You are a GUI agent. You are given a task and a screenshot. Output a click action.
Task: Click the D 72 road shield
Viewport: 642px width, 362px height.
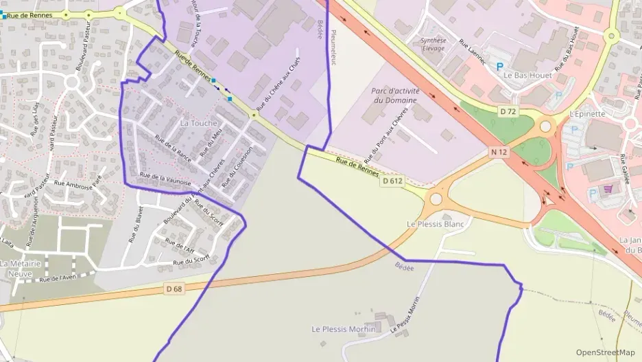click(x=508, y=111)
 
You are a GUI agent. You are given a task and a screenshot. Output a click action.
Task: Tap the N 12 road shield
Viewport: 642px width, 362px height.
click(x=499, y=152)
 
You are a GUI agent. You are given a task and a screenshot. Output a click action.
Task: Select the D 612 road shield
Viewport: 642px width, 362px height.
click(x=393, y=181)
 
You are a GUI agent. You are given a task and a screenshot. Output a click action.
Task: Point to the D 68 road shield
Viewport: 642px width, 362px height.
click(x=174, y=289)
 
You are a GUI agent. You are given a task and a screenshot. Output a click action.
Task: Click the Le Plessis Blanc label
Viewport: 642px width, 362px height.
click(x=436, y=224)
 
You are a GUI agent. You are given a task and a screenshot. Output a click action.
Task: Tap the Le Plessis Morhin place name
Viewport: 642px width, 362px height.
click(x=344, y=329)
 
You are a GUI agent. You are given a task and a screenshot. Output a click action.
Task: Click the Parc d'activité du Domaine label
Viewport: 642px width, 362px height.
click(x=394, y=95)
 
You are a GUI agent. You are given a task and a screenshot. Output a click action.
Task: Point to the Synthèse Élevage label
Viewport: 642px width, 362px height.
click(x=433, y=45)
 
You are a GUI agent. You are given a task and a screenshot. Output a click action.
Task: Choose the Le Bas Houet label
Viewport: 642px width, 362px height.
click(x=523, y=74)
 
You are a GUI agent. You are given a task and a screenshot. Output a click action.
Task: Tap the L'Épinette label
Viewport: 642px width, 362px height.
click(x=588, y=114)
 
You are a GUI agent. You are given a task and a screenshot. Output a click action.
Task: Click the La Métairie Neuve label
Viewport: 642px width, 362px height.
click(x=21, y=268)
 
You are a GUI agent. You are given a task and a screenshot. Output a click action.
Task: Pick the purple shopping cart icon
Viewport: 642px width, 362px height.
click(x=607, y=189)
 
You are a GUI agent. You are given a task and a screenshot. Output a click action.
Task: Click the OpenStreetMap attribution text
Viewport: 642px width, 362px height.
click(x=606, y=352)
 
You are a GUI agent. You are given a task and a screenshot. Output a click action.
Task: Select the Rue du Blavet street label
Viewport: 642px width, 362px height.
click(x=135, y=225)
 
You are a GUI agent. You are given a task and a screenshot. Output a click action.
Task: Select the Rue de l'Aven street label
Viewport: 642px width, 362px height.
click(x=58, y=278)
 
